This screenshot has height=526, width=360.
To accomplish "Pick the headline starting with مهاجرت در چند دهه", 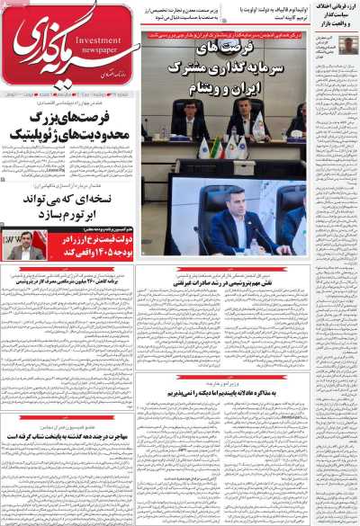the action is click(68, 436).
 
